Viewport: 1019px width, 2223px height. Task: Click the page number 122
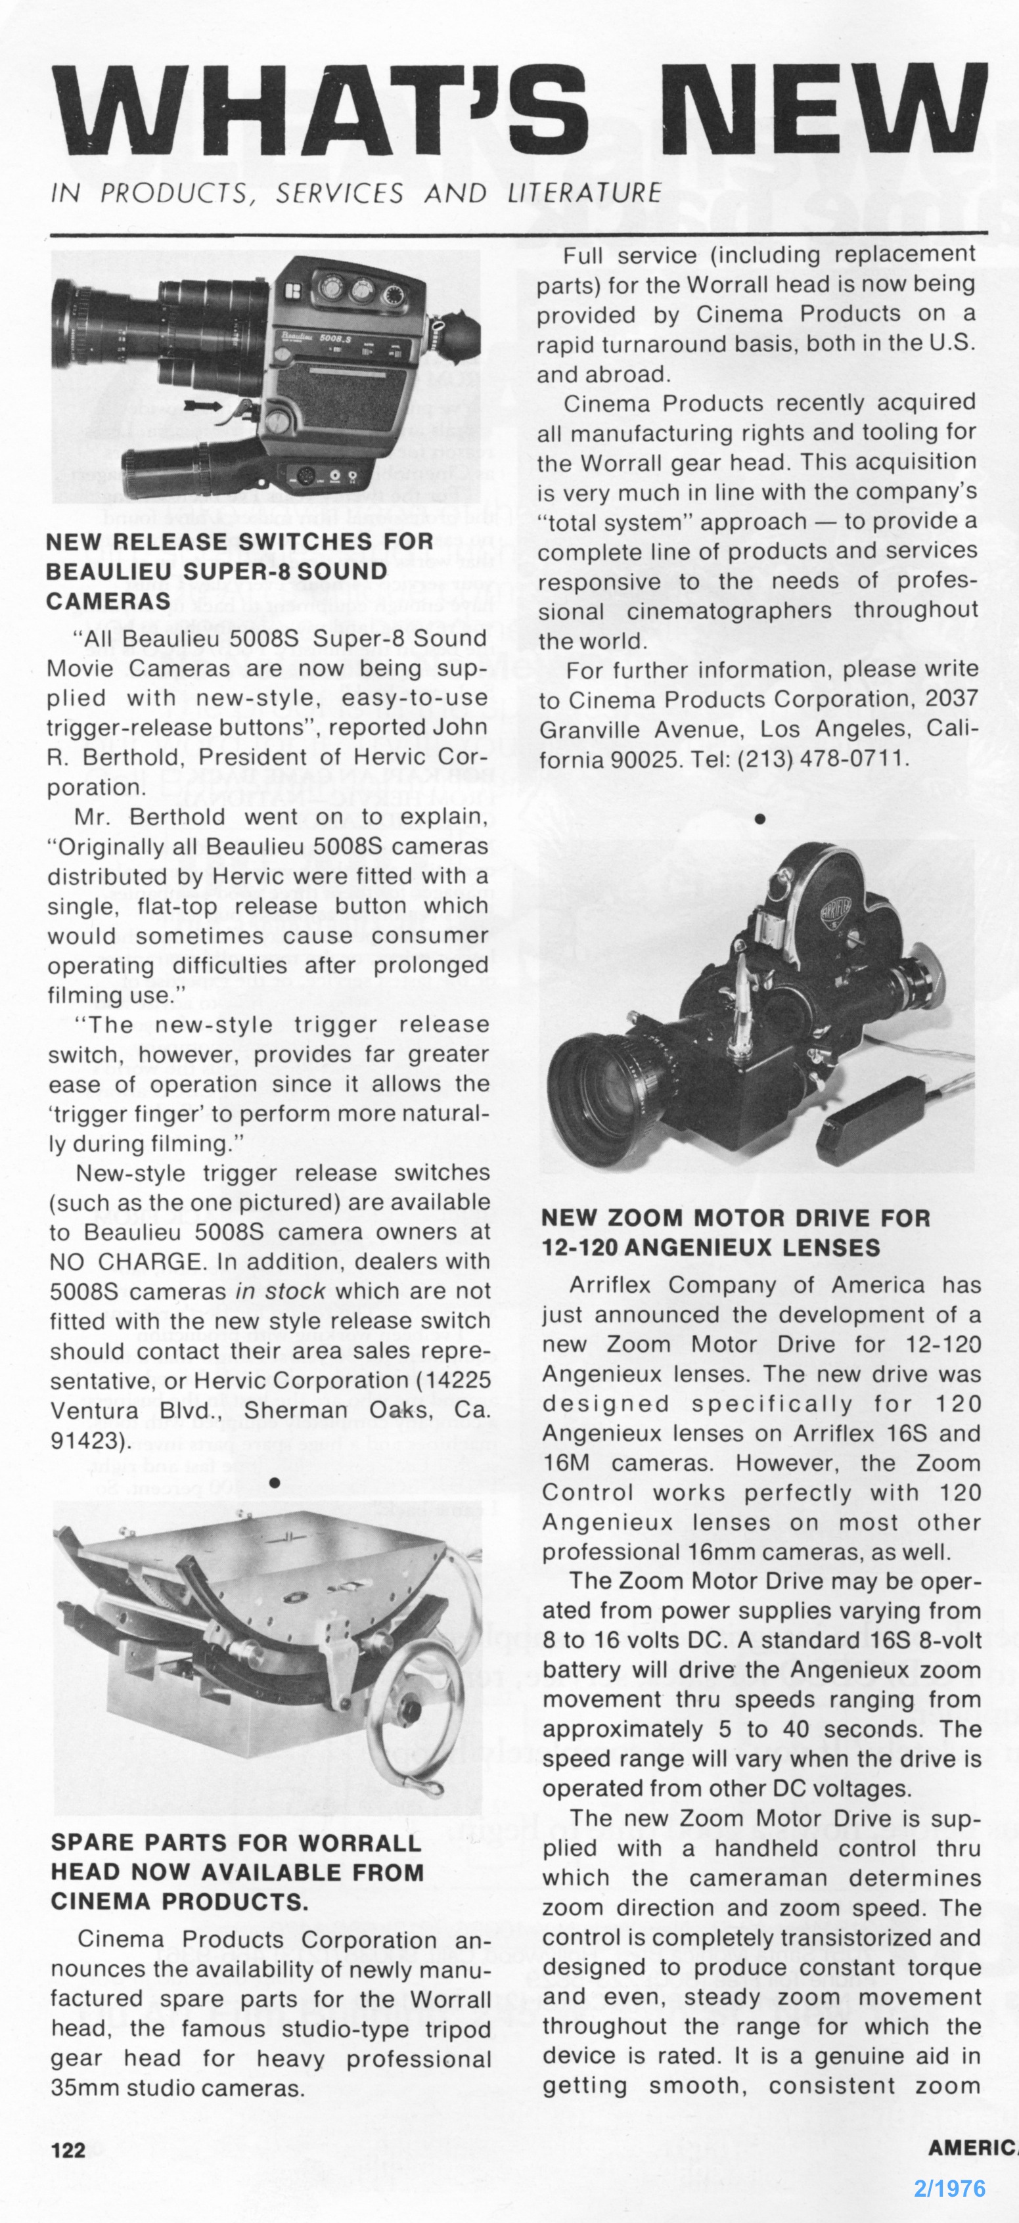[69, 2149]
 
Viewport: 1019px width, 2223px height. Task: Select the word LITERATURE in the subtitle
[584, 193]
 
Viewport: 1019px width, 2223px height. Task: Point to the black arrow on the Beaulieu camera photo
[201, 404]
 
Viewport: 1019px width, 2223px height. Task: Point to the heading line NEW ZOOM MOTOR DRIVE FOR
[735, 1219]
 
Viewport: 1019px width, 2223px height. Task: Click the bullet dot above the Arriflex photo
[759, 817]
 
